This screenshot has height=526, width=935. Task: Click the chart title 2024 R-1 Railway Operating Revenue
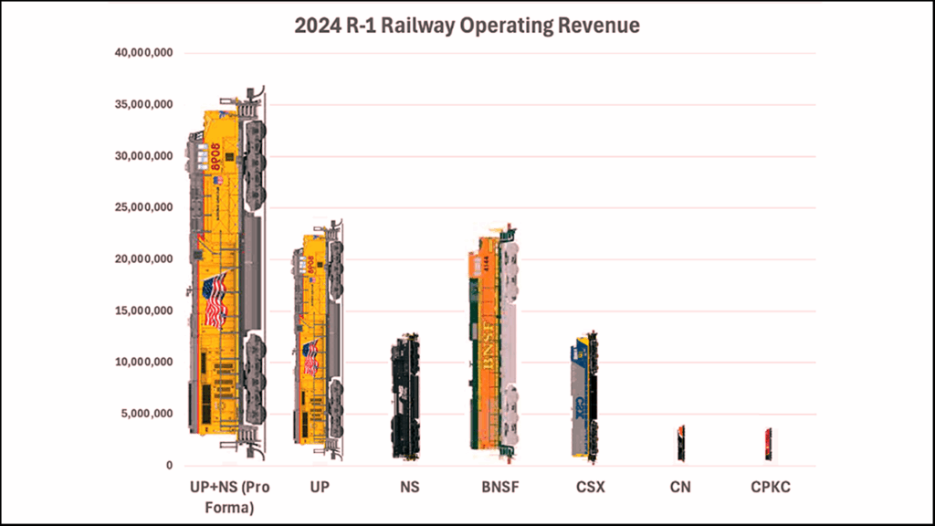pyautogui.click(x=467, y=25)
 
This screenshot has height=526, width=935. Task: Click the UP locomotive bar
pyautogui.click(x=319, y=338)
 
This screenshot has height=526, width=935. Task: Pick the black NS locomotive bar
pyautogui.click(x=405, y=397)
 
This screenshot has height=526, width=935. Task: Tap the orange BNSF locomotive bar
pyautogui.click(x=493, y=342)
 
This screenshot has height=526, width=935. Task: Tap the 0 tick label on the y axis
pyautogui.click(x=168, y=466)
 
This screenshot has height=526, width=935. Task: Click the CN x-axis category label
pyautogui.click(x=680, y=488)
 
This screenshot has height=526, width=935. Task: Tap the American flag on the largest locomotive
pyautogui.click(x=215, y=300)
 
